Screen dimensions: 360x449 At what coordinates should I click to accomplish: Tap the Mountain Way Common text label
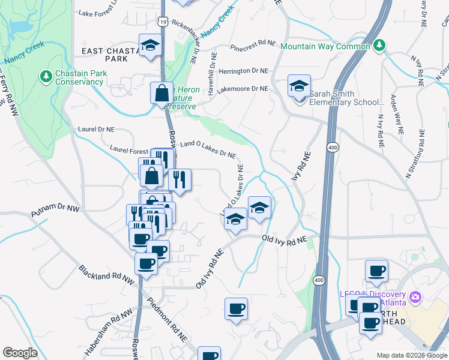click(325, 46)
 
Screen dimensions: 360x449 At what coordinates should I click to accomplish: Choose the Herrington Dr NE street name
click(243, 71)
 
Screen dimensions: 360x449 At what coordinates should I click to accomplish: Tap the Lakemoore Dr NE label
click(243, 89)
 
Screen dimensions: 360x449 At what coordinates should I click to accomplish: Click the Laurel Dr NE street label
click(96, 129)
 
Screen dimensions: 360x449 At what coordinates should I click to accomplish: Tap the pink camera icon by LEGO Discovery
click(415, 297)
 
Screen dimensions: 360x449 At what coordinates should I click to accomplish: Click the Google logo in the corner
click(20, 353)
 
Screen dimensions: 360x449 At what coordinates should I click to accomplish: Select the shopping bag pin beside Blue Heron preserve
click(161, 94)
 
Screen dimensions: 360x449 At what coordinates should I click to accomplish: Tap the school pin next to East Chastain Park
click(150, 46)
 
